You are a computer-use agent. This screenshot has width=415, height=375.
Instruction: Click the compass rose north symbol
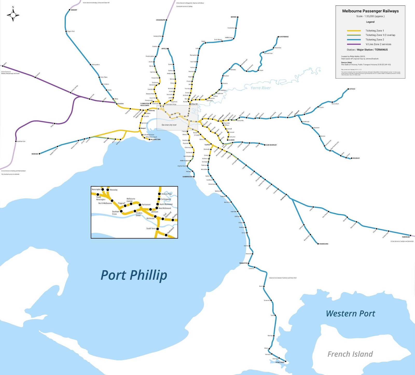[x=13, y=15]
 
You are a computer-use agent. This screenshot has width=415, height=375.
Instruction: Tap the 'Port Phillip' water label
[x=134, y=276]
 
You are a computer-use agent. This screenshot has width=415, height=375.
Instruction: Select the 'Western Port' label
[x=350, y=313]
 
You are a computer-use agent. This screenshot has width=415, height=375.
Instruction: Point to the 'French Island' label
[x=350, y=354]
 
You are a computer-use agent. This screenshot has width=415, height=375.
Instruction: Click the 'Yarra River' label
[x=260, y=88]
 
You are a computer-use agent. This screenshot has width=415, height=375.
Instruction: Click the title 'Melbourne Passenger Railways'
[x=370, y=11]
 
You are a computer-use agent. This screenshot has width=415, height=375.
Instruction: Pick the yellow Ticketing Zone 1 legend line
[x=354, y=31]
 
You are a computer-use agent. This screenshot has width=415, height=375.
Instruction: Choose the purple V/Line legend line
[x=354, y=44]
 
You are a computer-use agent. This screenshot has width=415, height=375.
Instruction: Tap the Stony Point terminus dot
[x=286, y=362]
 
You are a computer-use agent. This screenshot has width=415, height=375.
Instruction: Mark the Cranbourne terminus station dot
[x=318, y=244]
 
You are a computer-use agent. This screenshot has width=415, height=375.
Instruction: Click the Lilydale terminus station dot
[x=348, y=89]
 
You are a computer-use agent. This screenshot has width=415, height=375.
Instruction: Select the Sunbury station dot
[x=70, y=10]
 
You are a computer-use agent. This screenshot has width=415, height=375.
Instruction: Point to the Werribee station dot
[x=40, y=154]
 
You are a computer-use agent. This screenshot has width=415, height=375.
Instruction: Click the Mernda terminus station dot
[x=238, y=17]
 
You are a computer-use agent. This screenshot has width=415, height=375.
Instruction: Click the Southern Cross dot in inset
[x=121, y=211]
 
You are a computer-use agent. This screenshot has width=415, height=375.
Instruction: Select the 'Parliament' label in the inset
[x=146, y=204]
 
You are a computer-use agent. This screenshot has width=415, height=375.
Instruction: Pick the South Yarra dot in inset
[x=157, y=229]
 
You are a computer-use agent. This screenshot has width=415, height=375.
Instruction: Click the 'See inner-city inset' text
[x=169, y=125]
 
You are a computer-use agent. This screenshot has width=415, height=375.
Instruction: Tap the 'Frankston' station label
[x=243, y=263]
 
